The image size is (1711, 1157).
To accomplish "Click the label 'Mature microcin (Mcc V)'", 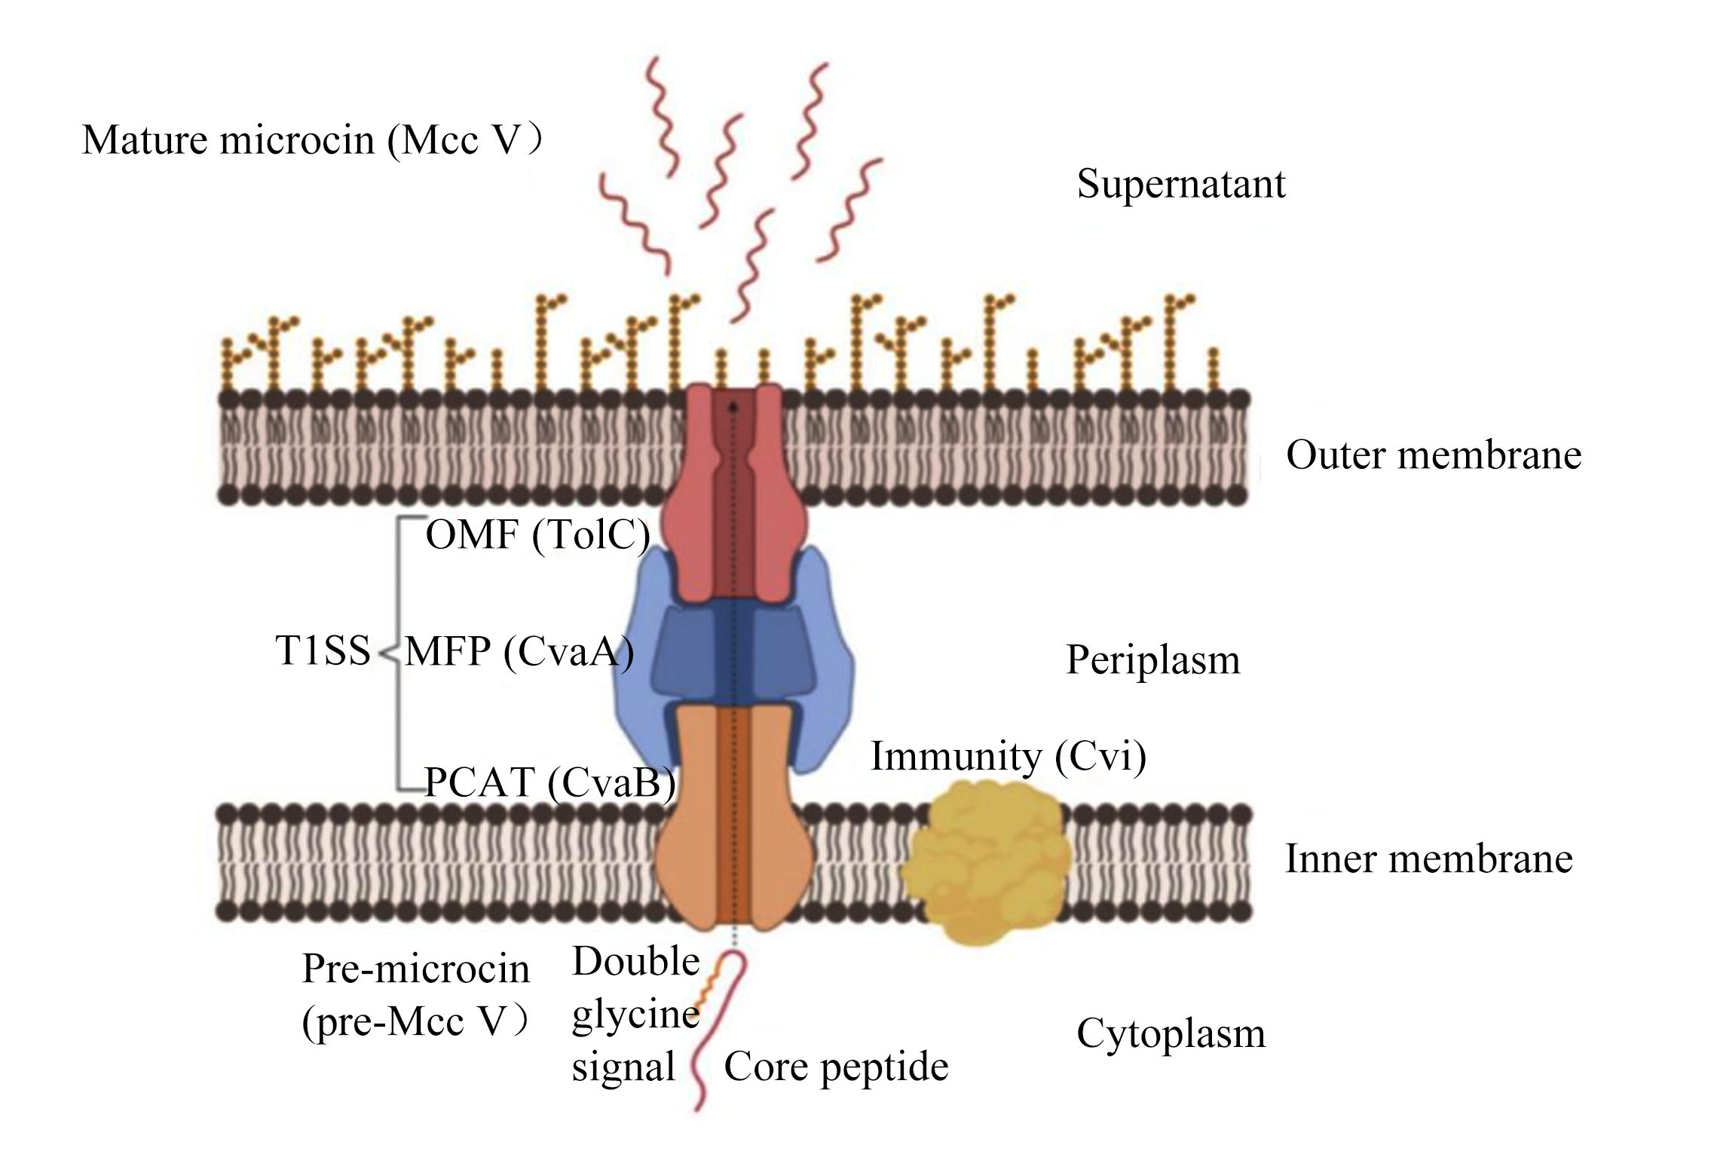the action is [311, 141].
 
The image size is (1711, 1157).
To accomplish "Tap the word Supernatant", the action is [1181, 184].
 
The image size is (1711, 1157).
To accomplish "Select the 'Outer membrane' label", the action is [1434, 455].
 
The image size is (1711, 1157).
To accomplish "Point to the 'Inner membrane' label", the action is [1429, 859].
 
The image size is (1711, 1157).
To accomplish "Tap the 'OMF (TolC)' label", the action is [538, 536].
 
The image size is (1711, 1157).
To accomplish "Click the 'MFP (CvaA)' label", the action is [519, 652].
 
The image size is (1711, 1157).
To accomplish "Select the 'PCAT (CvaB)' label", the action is [550, 783].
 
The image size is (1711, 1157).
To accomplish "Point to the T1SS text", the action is [323, 650].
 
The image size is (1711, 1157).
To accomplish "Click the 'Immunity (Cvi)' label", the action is [1009, 757].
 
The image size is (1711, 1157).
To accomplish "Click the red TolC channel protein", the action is [733, 494].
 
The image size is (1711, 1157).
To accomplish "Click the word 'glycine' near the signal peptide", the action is [636, 1015].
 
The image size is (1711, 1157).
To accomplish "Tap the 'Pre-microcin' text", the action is [416, 969].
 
